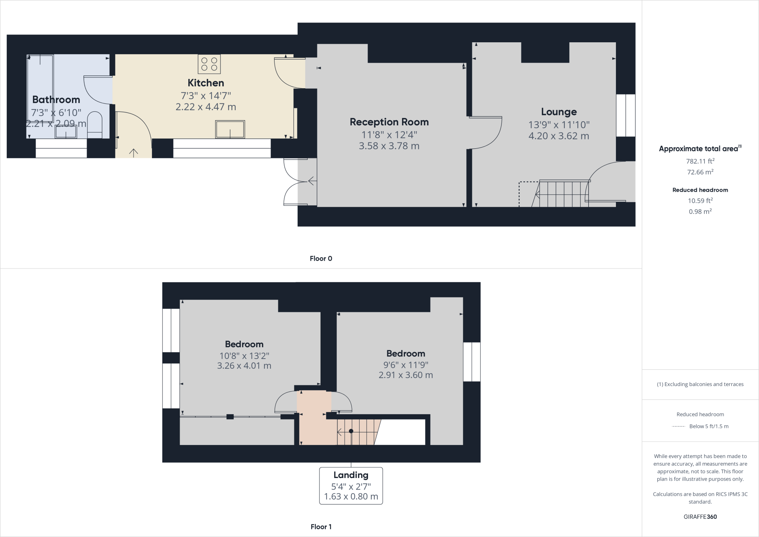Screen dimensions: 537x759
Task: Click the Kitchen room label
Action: [x=206, y=83]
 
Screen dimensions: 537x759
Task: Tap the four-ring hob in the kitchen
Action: [x=209, y=64]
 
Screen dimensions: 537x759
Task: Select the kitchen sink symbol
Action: [x=230, y=129]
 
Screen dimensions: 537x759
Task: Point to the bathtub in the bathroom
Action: [x=40, y=88]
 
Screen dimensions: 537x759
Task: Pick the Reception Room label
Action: [x=389, y=122]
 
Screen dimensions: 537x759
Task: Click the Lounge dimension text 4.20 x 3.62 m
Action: [x=559, y=136]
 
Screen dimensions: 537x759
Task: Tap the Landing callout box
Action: [x=351, y=485]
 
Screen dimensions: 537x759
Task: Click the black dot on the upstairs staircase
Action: [x=351, y=431]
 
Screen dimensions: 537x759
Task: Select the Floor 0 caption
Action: [x=321, y=258]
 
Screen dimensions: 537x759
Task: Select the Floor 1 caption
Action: [x=321, y=527]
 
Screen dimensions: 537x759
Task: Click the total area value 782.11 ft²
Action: [x=700, y=161]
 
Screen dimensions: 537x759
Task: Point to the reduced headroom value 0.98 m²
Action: [x=700, y=211]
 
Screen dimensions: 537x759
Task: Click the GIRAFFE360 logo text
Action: [x=700, y=517]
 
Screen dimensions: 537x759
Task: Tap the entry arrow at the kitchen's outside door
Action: [x=133, y=152]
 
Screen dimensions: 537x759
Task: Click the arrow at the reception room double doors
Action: [x=312, y=181]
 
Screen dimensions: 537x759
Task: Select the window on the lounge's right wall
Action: [x=626, y=115]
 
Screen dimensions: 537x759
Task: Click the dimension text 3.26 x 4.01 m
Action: [x=244, y=366]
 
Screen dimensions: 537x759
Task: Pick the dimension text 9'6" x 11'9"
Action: [x=405, y=365]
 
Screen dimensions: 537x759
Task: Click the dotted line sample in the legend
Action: [x=678, y=426]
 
